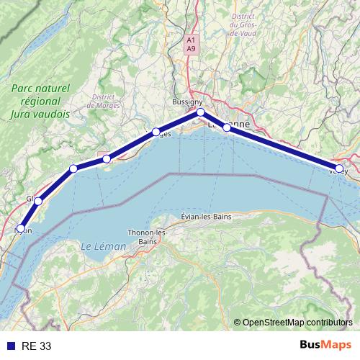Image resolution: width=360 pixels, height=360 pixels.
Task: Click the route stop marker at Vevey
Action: [x=339, y=168]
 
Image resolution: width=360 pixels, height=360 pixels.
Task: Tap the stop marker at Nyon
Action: [x=21, y=229]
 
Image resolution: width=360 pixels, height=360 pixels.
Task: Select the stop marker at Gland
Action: [x=38, y=201]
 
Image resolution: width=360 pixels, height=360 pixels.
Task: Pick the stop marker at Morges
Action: [x=156, y=132]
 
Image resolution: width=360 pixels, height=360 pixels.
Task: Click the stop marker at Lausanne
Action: [x=227, y=127]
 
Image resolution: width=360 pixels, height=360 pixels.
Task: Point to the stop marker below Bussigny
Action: [x=201, y=112]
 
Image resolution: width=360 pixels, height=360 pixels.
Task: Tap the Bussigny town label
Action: [x=187, y=102]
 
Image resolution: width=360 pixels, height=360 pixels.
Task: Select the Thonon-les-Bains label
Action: [x=146, y=237]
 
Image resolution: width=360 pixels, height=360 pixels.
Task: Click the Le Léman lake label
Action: [x=103, y=246]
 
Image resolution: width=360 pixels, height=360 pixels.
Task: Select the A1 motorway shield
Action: [x=190, y=40]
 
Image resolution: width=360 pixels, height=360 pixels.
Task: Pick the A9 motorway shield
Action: [x=190, y=48]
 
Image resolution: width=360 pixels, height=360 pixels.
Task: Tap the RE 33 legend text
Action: [x=36, y=346]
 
